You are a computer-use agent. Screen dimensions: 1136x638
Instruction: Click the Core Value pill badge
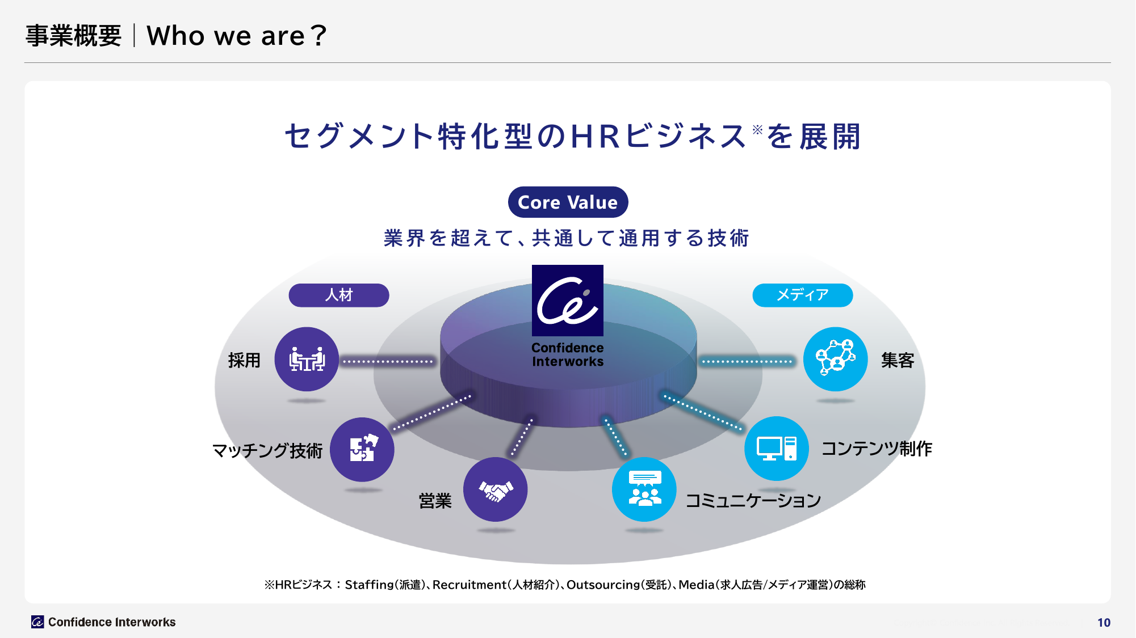pyautogui.click(x=568, y=202)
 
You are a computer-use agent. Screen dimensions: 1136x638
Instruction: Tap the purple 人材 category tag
pyautogui.click(x=339, y=295)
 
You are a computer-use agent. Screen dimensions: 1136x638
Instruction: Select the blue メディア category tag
pyautogui.click(x=802, y=295)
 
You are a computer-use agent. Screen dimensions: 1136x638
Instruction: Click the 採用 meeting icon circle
pyautogui.click(x=307, y=359)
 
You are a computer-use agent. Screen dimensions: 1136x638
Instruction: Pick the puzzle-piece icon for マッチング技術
pyautogui.click(x=362, y=449)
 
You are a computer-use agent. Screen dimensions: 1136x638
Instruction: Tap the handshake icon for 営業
pyautogui.click(x=496, y=489)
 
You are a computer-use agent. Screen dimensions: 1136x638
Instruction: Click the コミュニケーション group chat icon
pyautogui.click(x=644, y=489)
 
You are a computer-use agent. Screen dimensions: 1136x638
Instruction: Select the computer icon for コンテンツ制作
pyautogui.click(x=777, y=448)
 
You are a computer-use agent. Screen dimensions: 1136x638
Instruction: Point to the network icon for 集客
pyautogui.click(x=836, y=359)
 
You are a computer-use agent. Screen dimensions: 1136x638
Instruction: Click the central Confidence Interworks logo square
pyautogui.click(x=568, y=301)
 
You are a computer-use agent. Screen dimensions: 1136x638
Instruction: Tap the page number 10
pyautogui.click(x=1104, y=622)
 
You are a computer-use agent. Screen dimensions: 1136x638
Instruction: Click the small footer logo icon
pyautogui.click(x=37, y=622)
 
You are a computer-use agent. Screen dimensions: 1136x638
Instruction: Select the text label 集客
pyautogui.click(x=898, y=360)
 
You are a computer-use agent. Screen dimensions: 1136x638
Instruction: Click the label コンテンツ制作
pyautogui.click(x=877, y=449)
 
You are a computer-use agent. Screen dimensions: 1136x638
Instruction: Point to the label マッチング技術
pyautogui.click(x=267, y=451)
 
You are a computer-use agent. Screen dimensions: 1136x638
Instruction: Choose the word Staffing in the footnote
pyautogui.click(x=369, y=585)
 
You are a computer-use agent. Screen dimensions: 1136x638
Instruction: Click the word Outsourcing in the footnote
pyautogui.click(x=603, y=585)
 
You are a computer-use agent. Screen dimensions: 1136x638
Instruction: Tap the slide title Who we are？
pyautogui.click(x=237, y=36)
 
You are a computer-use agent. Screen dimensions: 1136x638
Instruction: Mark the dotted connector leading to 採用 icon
pyautogui.click(x=388, y=361)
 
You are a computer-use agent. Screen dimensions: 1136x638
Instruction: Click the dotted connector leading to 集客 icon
pyautogui.click(x=747, y=361)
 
